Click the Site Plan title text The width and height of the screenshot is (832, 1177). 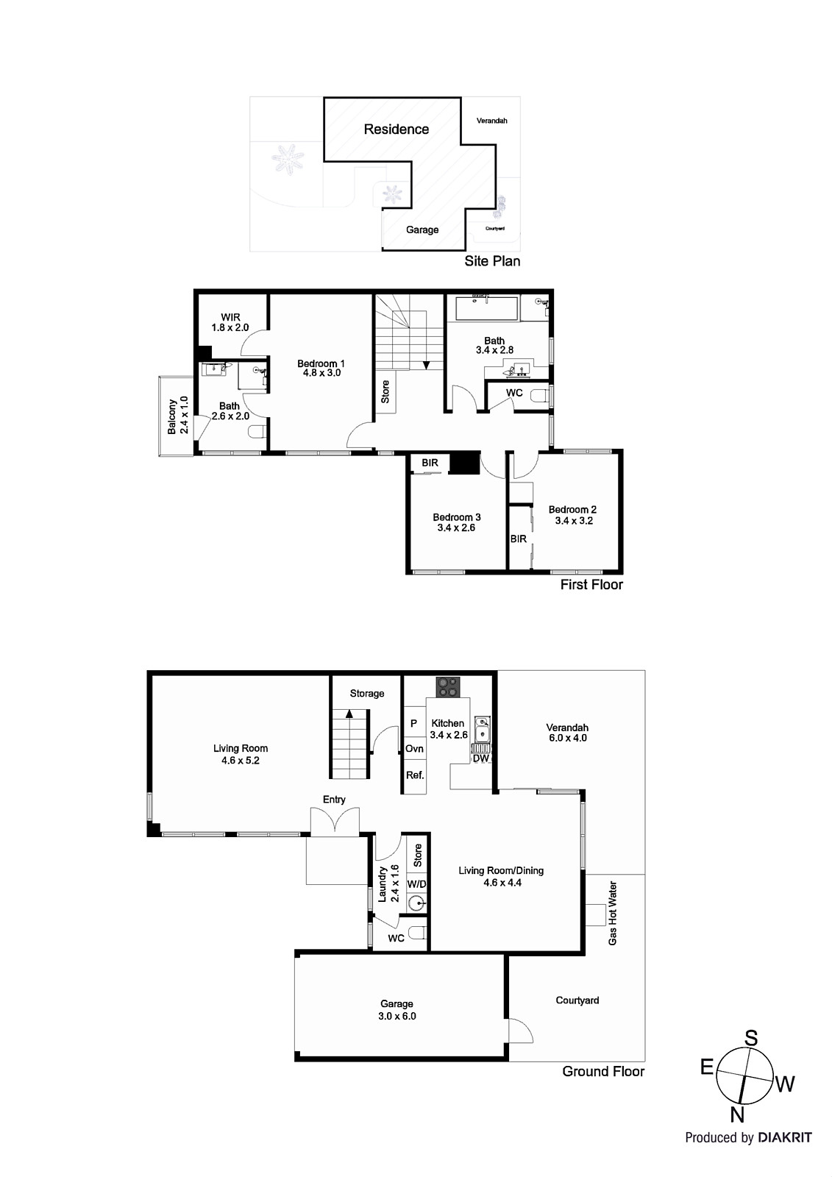492,261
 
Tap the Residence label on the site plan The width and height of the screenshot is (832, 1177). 397,129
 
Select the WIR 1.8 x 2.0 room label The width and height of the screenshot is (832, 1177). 230,322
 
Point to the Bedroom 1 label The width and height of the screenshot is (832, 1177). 321,368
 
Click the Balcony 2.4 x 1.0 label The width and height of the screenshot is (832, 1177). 178,416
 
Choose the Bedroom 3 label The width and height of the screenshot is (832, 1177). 456,522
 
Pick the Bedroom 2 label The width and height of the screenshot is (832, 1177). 572,515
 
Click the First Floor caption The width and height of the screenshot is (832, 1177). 591,585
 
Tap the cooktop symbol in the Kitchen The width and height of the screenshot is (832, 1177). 447,686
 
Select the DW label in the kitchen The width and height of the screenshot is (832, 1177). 480,758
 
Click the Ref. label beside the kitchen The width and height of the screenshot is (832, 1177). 415,775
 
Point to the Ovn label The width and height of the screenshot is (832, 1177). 414,749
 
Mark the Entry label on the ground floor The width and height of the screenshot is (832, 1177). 334,800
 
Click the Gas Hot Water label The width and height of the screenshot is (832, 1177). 613,913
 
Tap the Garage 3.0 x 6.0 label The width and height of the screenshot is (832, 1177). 397,1009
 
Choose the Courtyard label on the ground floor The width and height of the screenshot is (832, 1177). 577,1000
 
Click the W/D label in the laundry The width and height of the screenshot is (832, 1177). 416,883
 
